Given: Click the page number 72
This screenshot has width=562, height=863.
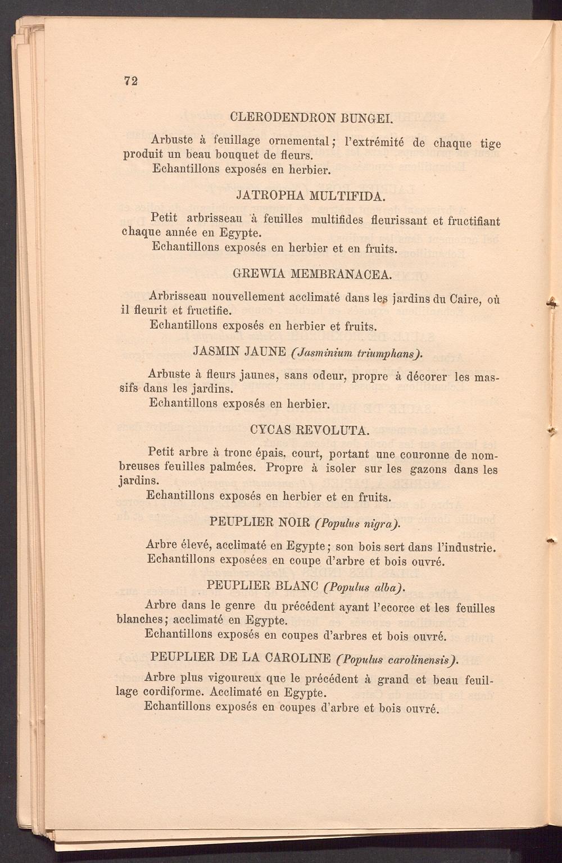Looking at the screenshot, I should pos(131,80).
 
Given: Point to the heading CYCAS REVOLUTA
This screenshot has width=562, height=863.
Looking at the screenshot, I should pos(309,431).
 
